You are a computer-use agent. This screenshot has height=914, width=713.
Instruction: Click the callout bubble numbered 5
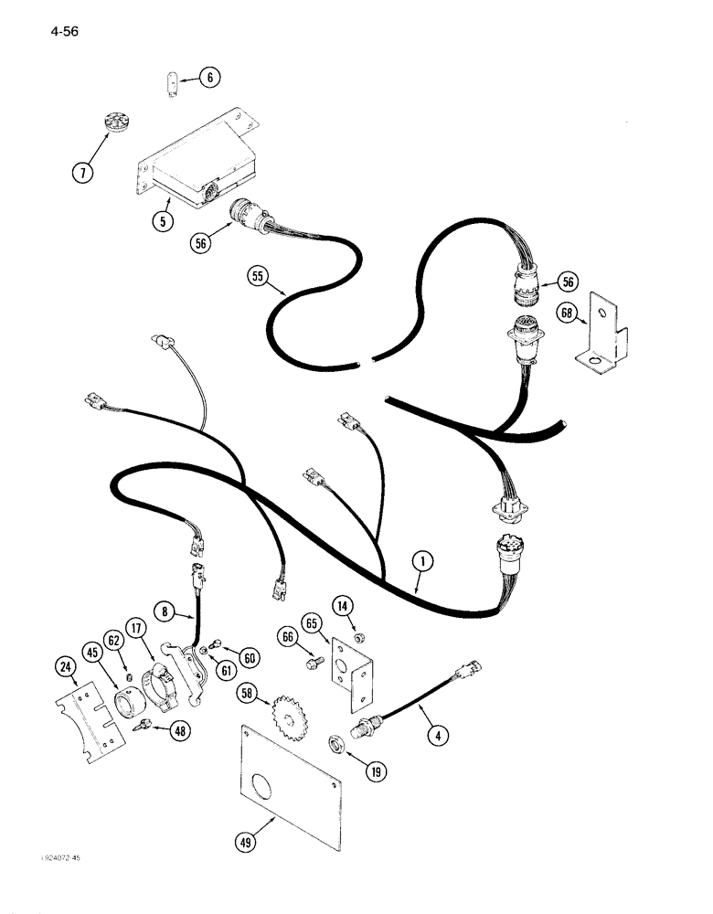(163, 219)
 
